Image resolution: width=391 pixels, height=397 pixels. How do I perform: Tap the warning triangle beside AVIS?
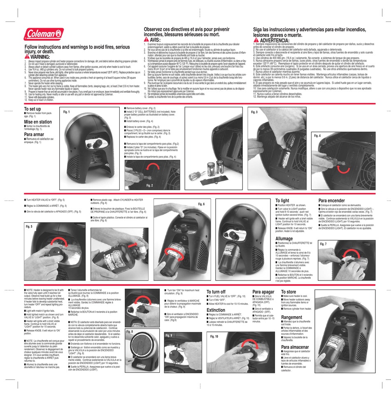pyautogui.click(x=147, y=40)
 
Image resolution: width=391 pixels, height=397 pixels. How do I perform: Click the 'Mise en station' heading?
pyautogui.click(x=38, y=122)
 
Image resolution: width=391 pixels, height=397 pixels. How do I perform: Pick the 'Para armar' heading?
pyautogui.click(x=34, y=134)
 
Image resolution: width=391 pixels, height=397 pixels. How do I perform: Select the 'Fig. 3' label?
pyautogui.click(x=254, y=112)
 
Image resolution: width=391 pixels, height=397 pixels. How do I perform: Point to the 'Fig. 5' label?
pyautogui.click(x=29, y=227)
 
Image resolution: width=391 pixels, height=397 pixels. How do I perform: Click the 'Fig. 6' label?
pyautogui.click(x=201, y=204)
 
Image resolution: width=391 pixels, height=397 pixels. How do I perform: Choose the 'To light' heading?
pyautogui.click(x=282, y=201)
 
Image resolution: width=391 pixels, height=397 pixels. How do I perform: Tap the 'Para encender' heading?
pyautogui.click(x=332, y=201)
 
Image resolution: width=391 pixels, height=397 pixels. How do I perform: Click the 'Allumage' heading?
pyautogui.click(x=284, y=238)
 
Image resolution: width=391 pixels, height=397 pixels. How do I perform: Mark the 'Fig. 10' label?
pyautogui.click(x=214, y=336)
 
